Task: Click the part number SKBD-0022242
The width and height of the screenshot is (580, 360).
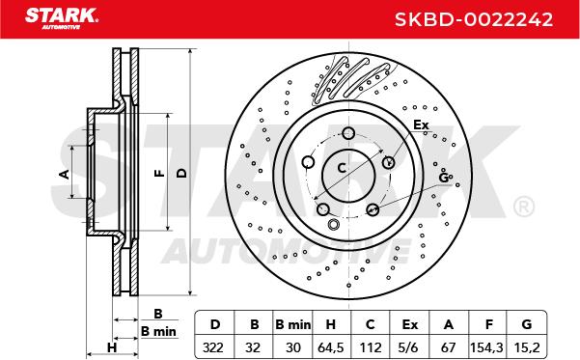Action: (x=474, y=19)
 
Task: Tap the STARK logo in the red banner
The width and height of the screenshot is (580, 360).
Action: (x=62, y=17)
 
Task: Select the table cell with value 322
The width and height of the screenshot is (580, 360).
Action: (x=213, y=347)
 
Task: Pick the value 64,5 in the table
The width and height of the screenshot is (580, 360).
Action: (x=331, y=347)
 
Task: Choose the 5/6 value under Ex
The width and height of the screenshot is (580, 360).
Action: (x=409, y=347)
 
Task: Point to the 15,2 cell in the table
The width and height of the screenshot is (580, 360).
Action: (x=527, y=347)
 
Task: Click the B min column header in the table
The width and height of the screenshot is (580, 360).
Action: (x=293, y=324)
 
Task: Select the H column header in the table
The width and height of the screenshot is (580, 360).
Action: (x=331, y=324)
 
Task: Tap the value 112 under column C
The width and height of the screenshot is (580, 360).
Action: (x=370, y=347)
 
